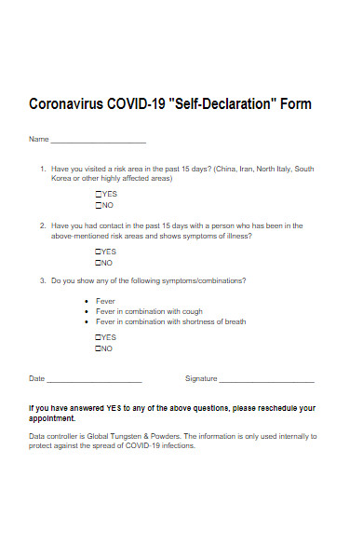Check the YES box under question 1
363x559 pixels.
pyautogui.click(x=99, y=194)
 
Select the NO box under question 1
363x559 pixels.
pyautogui.click(x=99, y=205)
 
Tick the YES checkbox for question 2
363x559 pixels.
pyautogui.click(x=99, y=252)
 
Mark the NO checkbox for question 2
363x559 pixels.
pyautogui.click(x=99, y=263)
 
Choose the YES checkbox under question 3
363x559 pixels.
pyautogui.click(x=99, y=337)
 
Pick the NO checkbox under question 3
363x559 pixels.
pyautogui.click(x=99, y=348)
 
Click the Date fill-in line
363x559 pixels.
pyautogui.click(x=93, y=380)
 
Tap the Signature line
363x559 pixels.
pyautogui.click(x=266, y=380)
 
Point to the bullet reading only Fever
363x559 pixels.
pyautogui.click(x=105, y=301)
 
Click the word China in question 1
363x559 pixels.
pyautogui.click(x=225, y=169)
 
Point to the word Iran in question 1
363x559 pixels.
pyautogui.click(x=247, y=169)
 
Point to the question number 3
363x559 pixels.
pyautogui.click(x=42, y=280)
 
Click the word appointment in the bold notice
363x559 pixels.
pyautogui.click(x=52, y=418)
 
